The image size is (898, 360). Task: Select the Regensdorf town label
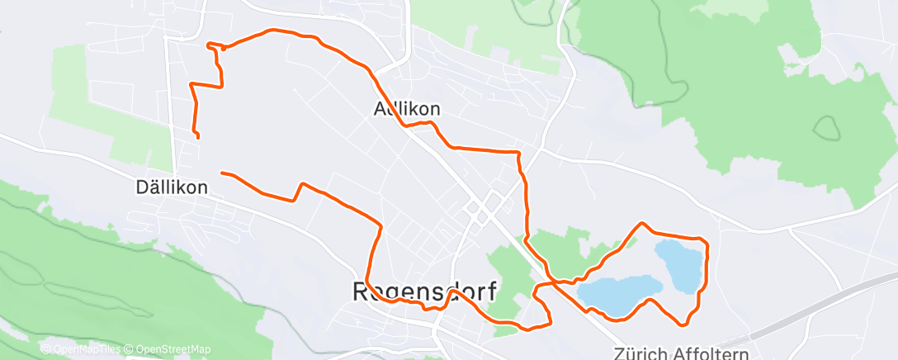click(424, 291)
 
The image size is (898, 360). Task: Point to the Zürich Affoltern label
click(692, 352)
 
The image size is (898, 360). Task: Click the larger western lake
click(619, 291)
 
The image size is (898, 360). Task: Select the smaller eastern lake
click(680, 265)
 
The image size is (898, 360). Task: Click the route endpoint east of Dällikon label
click(222, 173)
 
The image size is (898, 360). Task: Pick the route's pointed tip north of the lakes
click(642, 223)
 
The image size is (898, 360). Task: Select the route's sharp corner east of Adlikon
click(518, 153)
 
